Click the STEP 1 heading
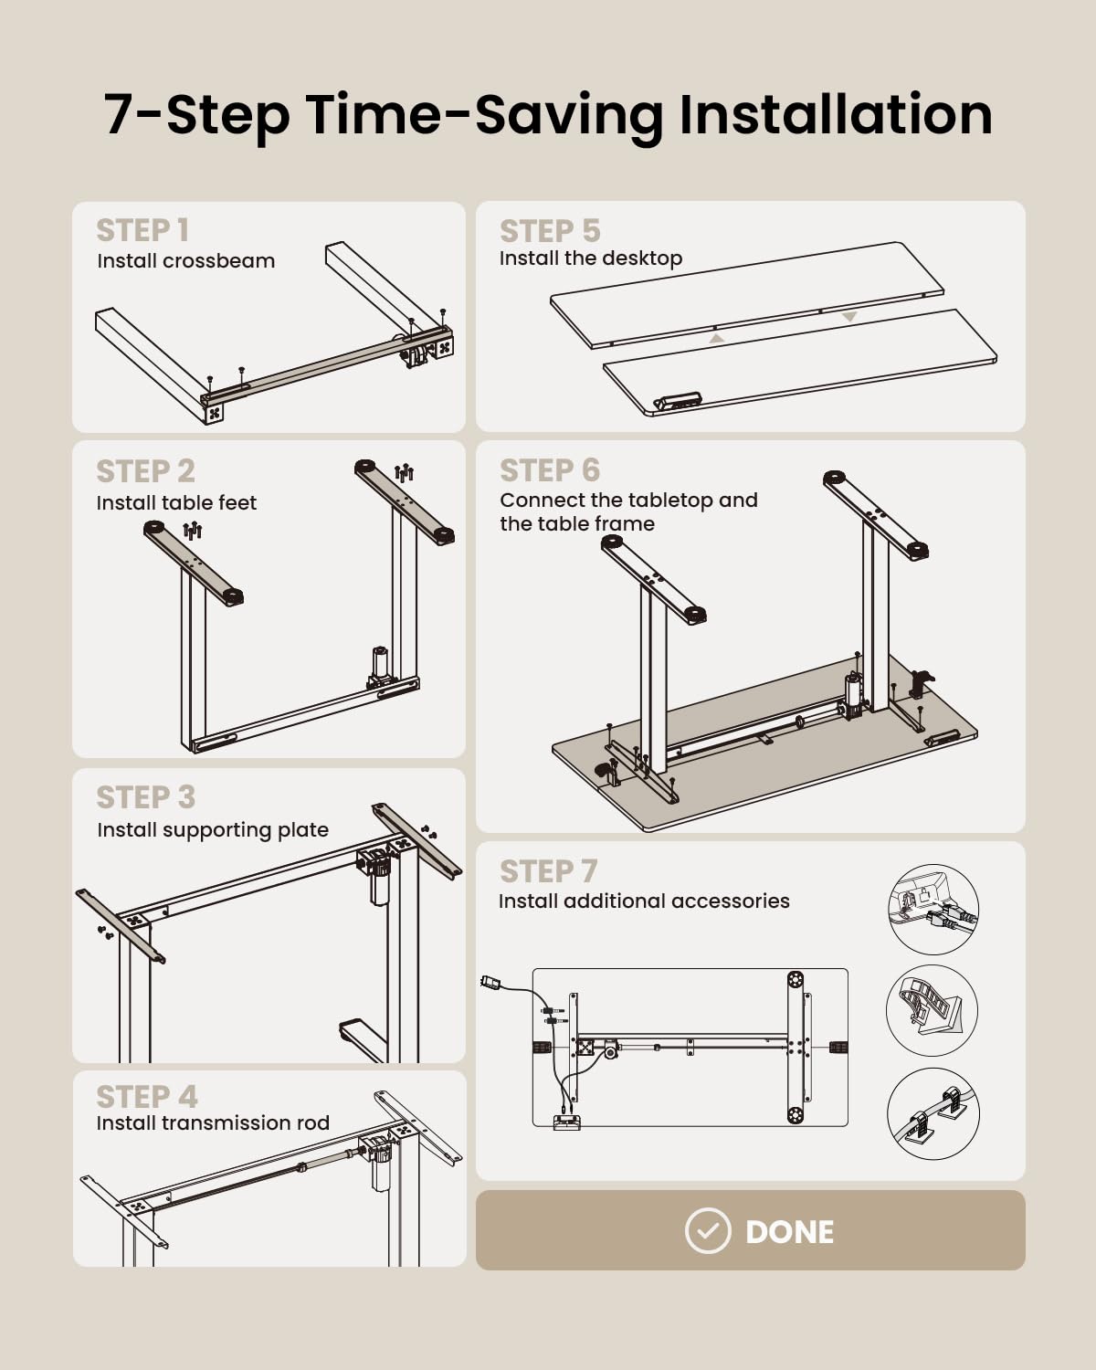point(142,230)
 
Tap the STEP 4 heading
point(147,1097)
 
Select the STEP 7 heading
point(548,871)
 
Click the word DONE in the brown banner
point(789,1232)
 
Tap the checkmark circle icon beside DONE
point(708,1230)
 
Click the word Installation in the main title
point(837,115)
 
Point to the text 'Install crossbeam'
point(186,261)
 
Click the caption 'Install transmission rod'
point(213,1123)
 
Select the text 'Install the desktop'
point(590,258)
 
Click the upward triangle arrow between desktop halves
point(716,339)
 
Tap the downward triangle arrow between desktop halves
point(848,316)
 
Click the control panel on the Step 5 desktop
point(678,401)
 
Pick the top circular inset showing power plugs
point(933,909)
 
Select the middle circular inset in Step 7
point(932,1010)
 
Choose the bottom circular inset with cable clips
point(933,1113)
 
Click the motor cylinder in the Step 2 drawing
point(380,667)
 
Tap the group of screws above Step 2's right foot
point(405,472)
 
